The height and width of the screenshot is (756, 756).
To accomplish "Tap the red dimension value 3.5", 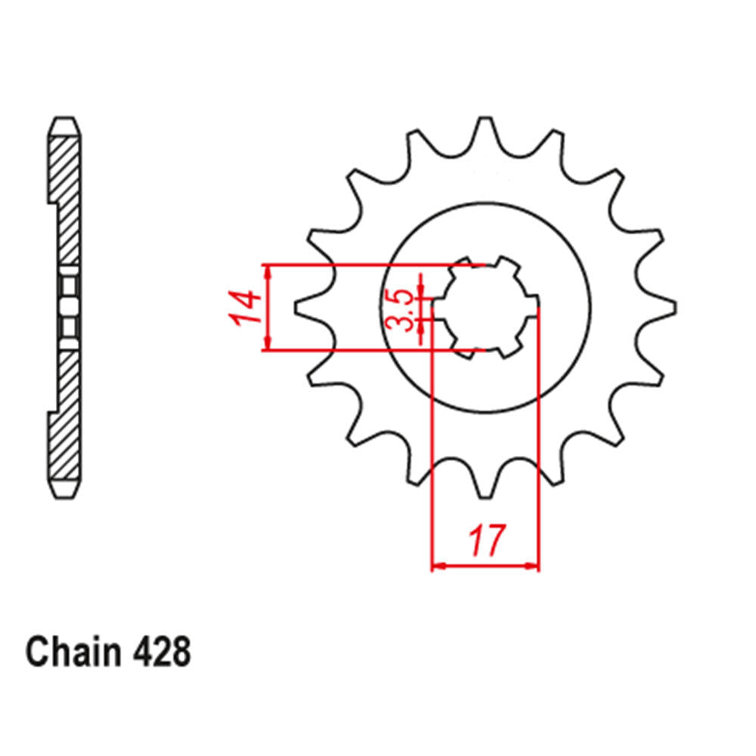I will (x=407, y=309).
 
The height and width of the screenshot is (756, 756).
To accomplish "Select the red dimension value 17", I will (x=485, y=541).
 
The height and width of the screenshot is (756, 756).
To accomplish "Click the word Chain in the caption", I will (x=73, y=652).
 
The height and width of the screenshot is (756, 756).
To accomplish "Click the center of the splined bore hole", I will (x=485, y=308).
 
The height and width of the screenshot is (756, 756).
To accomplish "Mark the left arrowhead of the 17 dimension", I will (x=437, y=565).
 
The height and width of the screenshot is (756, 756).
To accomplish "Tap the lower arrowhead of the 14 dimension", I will (x=267, y=345).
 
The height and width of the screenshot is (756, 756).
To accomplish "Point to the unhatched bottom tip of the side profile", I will (x=66, y=488).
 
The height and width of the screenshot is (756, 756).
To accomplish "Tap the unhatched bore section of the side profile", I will (x=68, y=308).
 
